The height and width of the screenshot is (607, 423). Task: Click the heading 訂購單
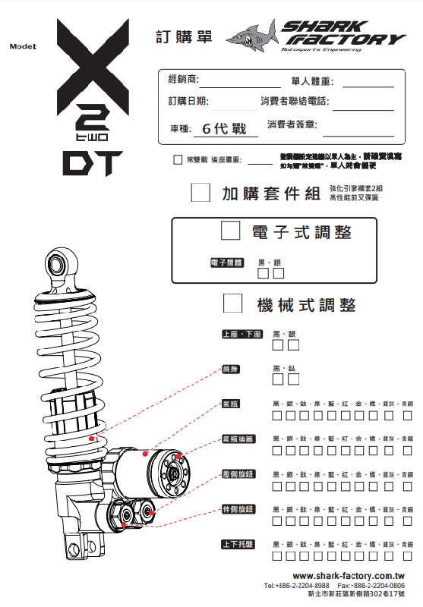184,36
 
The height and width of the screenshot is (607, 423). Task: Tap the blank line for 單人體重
368,86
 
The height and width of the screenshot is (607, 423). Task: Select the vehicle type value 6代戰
220,129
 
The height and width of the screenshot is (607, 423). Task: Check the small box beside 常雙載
178,160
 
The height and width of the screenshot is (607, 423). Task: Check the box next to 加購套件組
200,192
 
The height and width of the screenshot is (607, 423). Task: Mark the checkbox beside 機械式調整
233,304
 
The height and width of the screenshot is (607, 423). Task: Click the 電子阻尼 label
226,263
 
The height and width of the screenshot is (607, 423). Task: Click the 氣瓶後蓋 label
238,439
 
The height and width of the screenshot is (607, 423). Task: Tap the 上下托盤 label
238,544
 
